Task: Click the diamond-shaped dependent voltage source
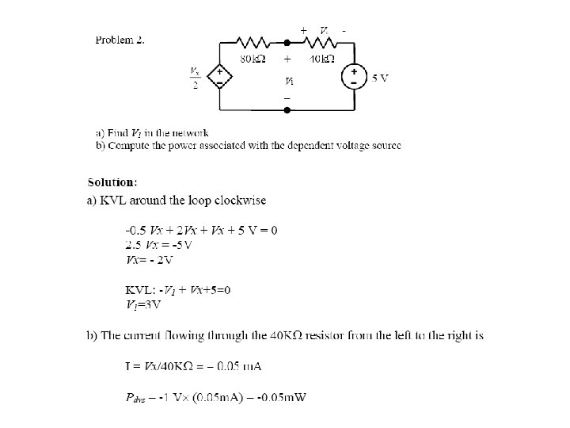[219, 77]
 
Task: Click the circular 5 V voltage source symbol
[353, 77]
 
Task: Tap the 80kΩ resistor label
[253, 58]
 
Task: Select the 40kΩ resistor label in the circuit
[321, 58]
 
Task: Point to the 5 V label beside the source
[380, 78]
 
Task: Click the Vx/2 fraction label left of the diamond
[195, 78]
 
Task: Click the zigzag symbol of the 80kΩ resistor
[255, 40]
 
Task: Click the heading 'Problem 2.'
[120, 40]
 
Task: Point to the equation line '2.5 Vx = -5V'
[159, 243]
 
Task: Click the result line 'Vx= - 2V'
[150, 258]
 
